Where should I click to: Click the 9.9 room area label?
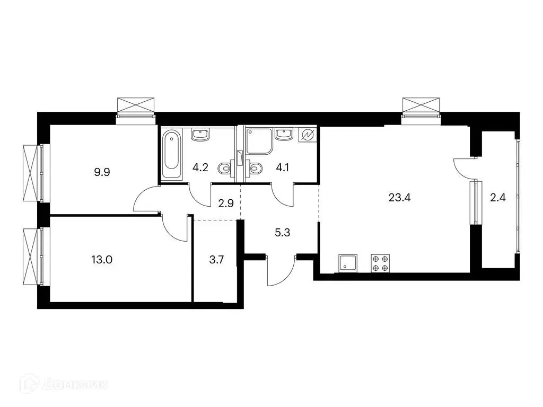tap(102, 172)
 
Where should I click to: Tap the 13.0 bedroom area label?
tap(102, 259)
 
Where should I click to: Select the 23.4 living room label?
tap(399, 198)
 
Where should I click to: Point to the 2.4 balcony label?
tap(497, 198)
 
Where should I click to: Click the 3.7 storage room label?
tap(216, 259)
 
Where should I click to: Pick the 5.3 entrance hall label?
tap(282, 233)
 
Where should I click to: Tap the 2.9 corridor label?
tap(226, 203)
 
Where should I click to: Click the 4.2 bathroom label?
tap(200, 167)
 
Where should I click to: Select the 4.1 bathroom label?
tap(282, 167)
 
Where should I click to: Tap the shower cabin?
tap(259, 141)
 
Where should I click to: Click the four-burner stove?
tap(380, 263)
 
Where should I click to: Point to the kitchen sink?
tap(348, 263)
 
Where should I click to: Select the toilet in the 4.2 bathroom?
tap(225, 169)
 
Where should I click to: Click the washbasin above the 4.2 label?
tap(200, 134)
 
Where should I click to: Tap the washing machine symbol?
tap(308, 135)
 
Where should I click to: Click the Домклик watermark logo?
tap(65, 384)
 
